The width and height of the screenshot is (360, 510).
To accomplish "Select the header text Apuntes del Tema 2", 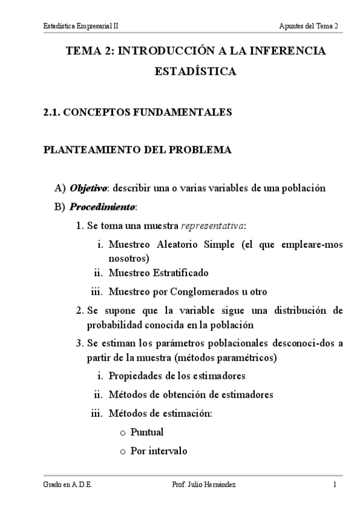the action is click(309, 26).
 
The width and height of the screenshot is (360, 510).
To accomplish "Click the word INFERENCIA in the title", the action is click(289, 52).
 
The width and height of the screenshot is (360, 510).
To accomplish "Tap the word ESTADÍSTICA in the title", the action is click(195, 72).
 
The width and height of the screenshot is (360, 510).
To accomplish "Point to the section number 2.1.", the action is click(52, 112).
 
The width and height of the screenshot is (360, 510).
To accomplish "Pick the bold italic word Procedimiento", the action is click(103, 207).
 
